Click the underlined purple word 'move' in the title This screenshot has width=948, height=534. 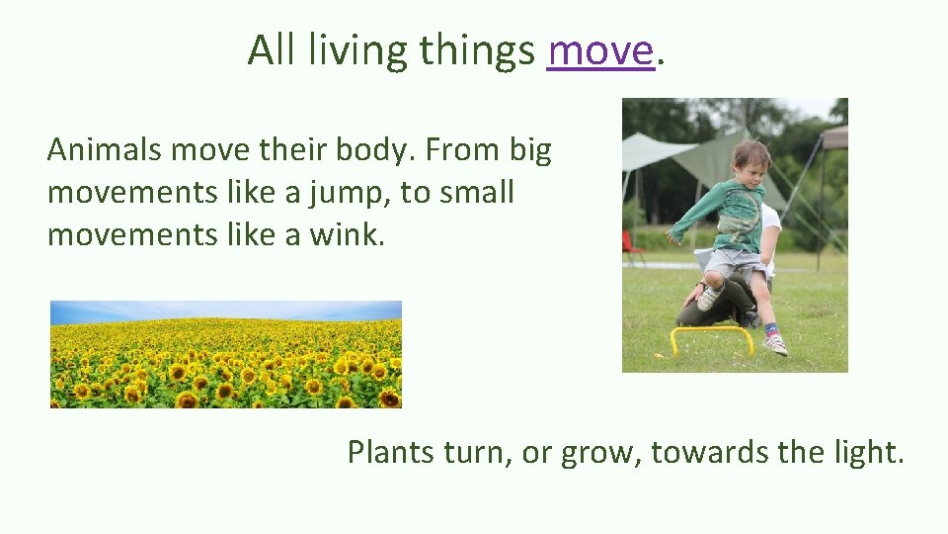click(x=600, y=49)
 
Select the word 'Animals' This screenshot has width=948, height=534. click(x=105, y=150)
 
